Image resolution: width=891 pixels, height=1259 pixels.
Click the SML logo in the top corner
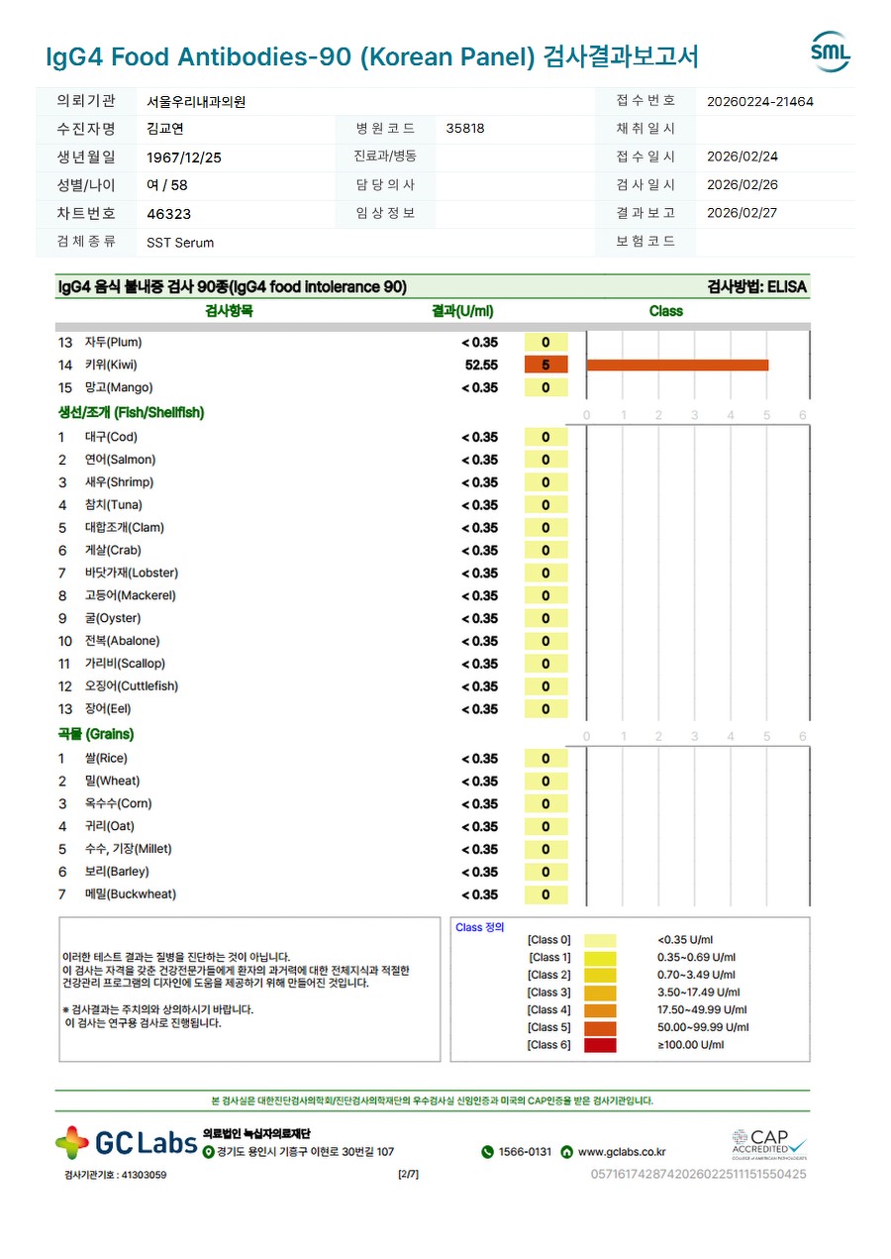830,52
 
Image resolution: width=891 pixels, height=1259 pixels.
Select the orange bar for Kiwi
677,365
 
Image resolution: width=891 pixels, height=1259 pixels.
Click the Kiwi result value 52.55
480,365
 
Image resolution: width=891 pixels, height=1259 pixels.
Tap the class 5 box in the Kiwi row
545,365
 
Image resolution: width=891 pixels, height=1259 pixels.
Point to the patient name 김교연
165,129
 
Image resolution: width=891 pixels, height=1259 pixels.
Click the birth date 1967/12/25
184,157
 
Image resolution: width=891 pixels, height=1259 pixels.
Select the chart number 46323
168,214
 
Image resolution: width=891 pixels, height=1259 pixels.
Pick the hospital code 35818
465,129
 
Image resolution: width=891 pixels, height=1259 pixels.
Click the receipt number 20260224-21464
760,101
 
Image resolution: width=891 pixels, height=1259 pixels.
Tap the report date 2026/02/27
742,213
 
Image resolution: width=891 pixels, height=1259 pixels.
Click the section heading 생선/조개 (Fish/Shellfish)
131,412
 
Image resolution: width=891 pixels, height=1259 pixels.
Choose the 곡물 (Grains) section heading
95,734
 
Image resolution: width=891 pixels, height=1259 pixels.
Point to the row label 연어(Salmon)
120,460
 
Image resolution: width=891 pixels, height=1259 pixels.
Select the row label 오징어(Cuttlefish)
131,686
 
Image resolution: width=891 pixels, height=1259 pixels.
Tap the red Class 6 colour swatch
600,1045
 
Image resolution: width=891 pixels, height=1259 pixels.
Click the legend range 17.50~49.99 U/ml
702,1009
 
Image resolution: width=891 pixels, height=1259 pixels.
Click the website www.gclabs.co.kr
621,1152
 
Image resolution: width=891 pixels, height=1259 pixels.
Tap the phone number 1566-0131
525,1152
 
